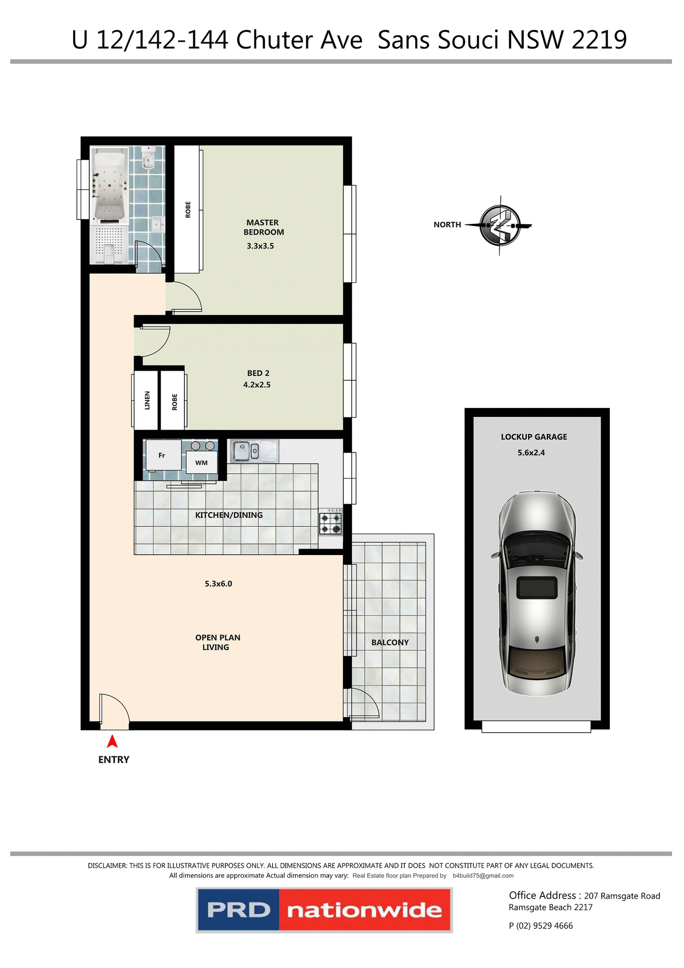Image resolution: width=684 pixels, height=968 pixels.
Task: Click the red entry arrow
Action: tap(112, 742)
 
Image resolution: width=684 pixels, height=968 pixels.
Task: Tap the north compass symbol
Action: tap(500, 225)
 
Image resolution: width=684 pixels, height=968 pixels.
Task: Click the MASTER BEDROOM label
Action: tap(263, 227)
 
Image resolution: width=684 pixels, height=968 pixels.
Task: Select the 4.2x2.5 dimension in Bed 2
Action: tap(257, 385)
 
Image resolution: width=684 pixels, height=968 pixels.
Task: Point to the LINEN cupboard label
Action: tap(147, 400)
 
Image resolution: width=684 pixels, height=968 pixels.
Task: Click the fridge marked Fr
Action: tap(162, 455)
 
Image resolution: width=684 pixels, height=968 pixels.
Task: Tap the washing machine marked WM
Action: tap(202, 462)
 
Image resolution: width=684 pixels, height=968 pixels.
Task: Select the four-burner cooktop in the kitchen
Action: tap(331, 523)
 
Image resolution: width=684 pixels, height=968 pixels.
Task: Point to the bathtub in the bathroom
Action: tap(109, 186)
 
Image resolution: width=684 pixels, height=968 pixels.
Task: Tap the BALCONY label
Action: tap(390, 642)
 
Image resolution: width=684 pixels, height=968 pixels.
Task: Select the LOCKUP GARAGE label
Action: tap(534, 437)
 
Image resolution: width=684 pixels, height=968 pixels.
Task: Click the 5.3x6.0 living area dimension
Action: tap(218, 584)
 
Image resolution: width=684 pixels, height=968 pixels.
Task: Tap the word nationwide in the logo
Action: tap(364, 911)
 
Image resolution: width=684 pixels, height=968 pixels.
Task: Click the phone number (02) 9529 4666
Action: tap(544, 926)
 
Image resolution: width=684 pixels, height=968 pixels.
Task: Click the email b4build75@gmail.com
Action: tap(483, 876)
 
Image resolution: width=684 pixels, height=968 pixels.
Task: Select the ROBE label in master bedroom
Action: tap(188, 210)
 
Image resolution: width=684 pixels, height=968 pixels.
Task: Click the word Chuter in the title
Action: tap(299, 40)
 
